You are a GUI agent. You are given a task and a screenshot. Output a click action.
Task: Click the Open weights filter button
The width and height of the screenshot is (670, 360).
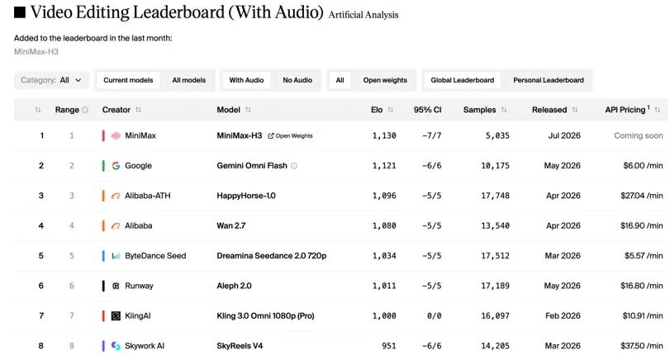tap(385, 80)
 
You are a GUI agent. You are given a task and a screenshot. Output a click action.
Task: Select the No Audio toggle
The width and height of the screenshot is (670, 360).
tap(297, 80)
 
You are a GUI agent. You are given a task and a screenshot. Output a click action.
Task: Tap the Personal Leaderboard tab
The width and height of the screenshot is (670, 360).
tap(549, 80)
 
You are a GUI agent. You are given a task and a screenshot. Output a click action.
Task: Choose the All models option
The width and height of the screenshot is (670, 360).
tap(189, 80)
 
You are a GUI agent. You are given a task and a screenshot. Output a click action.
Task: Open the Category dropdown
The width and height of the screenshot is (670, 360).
tap(51, 80)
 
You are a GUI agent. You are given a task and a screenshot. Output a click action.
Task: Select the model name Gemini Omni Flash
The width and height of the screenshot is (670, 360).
tap(252, 166)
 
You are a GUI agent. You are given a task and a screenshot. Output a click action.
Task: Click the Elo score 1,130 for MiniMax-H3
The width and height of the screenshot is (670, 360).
tap(384, 135)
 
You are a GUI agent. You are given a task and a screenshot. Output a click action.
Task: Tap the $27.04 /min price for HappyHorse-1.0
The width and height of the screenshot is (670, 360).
tap(642, 196)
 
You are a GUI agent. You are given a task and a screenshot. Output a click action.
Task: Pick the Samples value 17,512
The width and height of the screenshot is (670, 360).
tap(495, 256)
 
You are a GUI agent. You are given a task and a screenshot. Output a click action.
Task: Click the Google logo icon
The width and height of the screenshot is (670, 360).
tap(116, 166)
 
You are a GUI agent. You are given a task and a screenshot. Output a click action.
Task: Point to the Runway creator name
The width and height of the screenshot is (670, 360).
tap(139, 286)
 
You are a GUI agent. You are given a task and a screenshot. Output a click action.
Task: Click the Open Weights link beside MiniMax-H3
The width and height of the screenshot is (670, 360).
tap(290, 135)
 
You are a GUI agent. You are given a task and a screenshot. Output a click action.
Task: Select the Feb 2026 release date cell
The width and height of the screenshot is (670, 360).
tap(563, 315)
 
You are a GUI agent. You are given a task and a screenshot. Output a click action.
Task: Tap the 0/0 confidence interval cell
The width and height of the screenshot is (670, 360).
tap(434, 315)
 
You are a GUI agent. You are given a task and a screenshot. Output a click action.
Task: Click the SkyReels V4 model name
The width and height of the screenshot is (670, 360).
tap(240, 346)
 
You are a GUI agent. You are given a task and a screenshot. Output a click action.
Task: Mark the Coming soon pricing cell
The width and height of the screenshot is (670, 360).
tap(639, 135)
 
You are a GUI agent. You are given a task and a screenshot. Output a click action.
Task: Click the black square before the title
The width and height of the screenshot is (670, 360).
tap(20, 12)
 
